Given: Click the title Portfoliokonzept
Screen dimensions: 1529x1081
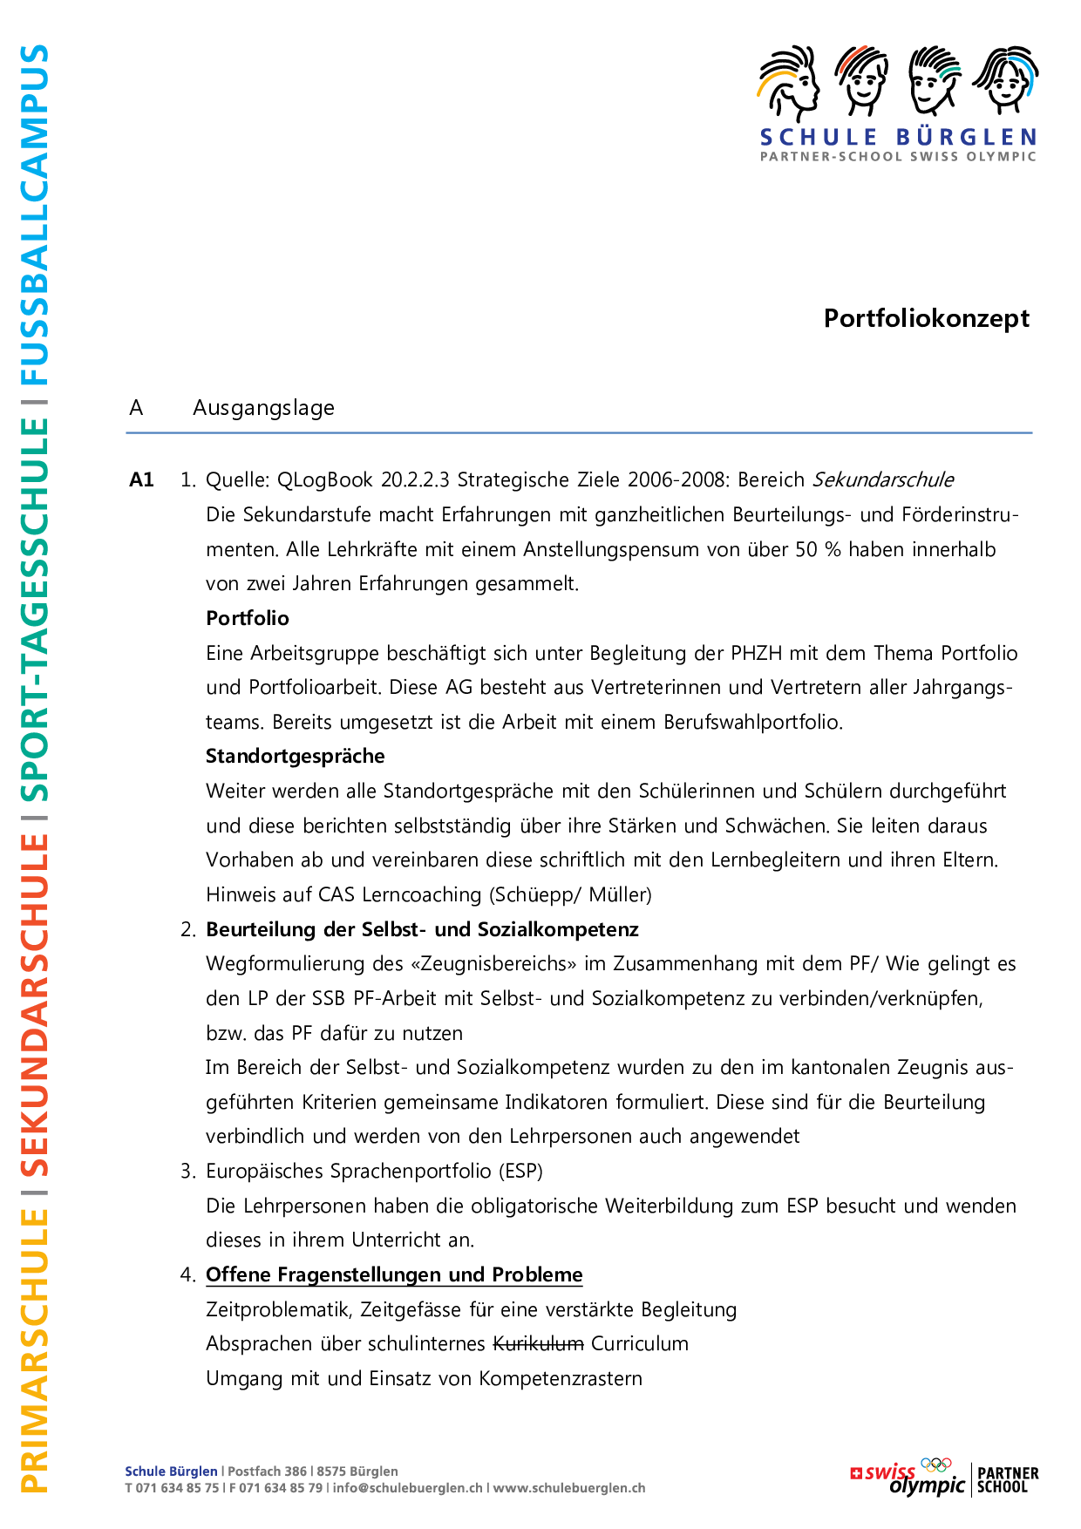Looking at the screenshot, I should pos(926,319).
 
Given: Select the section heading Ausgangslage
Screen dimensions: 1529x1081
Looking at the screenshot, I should pos(263,408).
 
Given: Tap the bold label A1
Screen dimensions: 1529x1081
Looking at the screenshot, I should pos(141,479).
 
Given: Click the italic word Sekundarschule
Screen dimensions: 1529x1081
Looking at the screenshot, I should pos(883,479).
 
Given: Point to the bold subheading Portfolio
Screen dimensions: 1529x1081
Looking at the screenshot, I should pos(248,618).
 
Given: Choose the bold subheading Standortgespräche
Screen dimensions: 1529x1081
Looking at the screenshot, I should pos(295,756).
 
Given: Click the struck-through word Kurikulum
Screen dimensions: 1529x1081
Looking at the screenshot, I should pos(538,1343).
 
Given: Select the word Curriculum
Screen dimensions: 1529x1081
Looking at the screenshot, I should pos(640,1343).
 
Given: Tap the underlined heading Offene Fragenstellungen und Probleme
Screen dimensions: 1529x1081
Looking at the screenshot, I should pos(394,1274).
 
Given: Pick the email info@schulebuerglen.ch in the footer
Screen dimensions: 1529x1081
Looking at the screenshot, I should pos(407,1488).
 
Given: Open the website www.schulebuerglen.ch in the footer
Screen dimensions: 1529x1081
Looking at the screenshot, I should pos(569,1488).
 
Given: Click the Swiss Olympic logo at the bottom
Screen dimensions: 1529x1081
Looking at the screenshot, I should pos(908,1477).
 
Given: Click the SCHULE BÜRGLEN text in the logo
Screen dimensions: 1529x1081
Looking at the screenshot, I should pos(898,138).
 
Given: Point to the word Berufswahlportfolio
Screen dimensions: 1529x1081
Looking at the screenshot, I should pos(753,722).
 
